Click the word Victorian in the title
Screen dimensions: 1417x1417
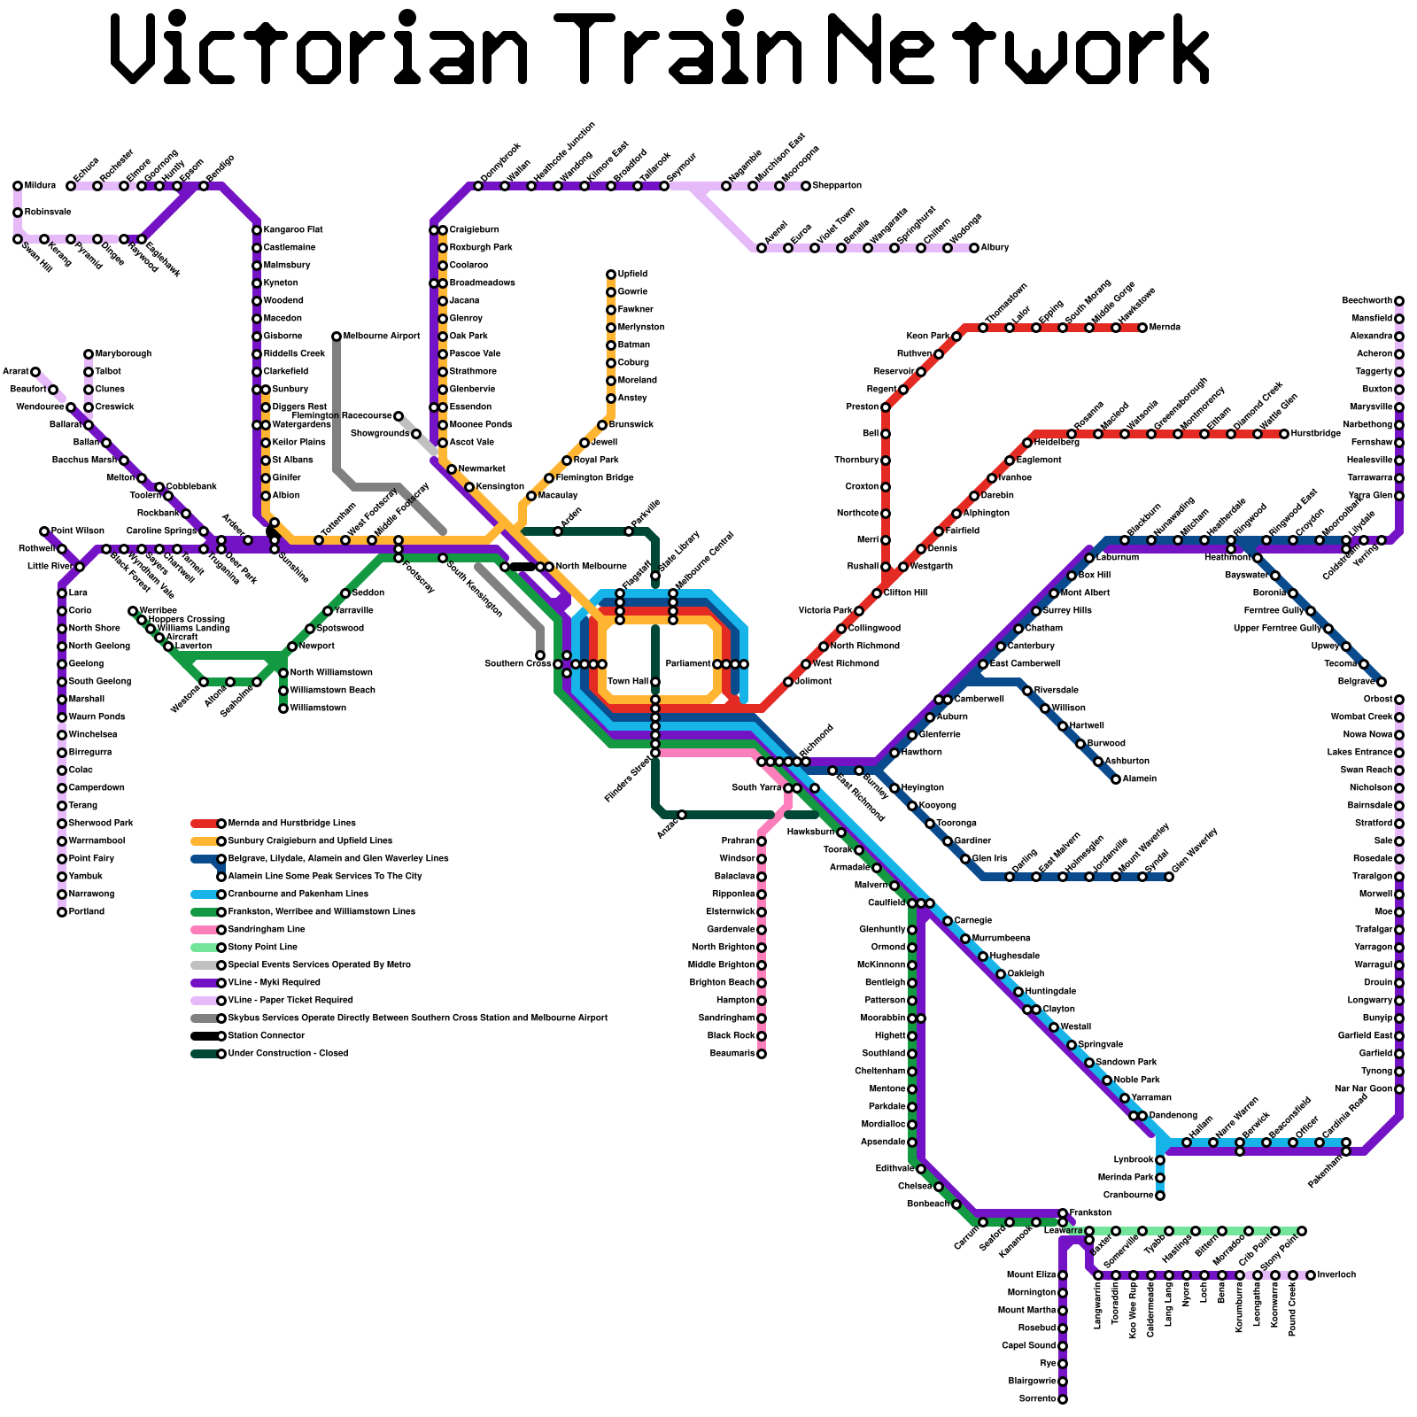coord(319,49)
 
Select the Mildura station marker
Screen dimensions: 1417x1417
coord(18,186)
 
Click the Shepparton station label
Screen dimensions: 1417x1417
coord(837,186)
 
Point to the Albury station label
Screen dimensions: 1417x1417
coord(995,248)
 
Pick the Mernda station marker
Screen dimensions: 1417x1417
coord(1142,328)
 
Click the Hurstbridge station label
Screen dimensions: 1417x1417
coord(1316,434)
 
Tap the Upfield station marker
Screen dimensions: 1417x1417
coord(611,275)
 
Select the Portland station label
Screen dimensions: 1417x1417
coord(87,912)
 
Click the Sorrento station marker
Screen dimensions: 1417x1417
coord(1063,1399)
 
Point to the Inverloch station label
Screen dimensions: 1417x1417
coord(1336,1275)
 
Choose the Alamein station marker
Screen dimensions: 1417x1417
coord(1116,779)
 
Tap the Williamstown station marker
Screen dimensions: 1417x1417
coord(283,708)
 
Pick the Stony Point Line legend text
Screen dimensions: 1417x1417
coord(263,948)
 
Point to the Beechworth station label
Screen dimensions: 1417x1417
coord(1367,301)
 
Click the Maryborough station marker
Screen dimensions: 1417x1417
coord(89,354)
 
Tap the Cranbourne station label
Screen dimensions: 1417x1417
coord(1128,1196)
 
